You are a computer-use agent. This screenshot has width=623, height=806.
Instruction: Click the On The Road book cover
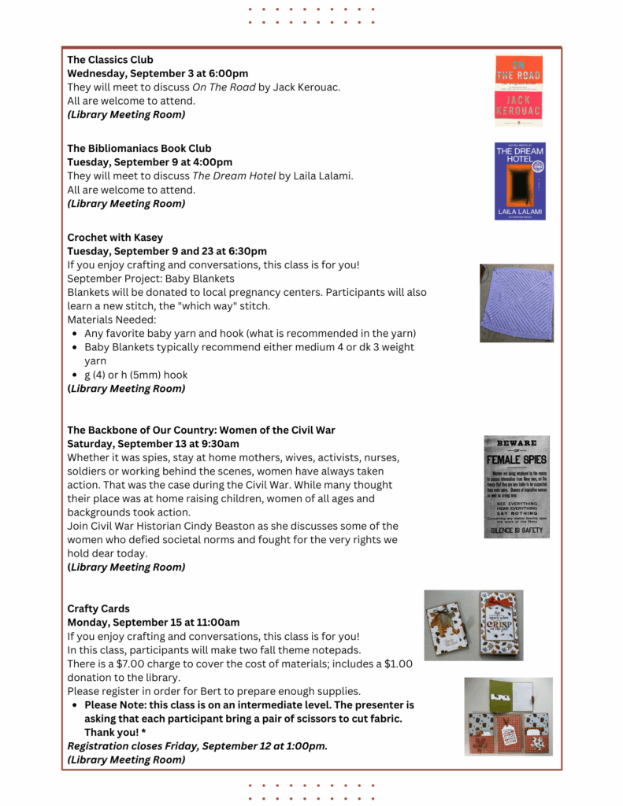(518, 90)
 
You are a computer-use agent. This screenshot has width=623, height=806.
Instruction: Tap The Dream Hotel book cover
(520, 180)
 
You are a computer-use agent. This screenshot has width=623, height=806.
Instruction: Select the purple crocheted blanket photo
(517, 303)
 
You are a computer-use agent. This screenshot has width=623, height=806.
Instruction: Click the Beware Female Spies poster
(517, 486)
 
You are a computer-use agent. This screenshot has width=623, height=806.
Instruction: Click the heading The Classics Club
(110, 60)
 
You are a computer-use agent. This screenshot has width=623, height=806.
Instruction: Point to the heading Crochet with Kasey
(115, 238)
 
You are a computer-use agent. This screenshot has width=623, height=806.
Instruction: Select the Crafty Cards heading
(98, 608)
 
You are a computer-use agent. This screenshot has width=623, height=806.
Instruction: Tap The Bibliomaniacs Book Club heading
(139, 148)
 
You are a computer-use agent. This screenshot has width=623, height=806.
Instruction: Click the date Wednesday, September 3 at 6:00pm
(158, 73)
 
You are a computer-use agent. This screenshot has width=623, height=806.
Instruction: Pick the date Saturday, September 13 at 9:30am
(153, 443)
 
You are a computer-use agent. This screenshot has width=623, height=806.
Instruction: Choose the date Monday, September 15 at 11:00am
(154, 623)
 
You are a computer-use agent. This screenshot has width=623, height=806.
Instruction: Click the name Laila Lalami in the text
(323, 176)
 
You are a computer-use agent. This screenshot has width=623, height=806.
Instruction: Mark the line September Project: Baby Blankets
(150, 279)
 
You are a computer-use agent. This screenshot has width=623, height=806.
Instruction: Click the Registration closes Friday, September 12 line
(197, 746)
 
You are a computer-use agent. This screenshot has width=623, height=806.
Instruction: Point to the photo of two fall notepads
(473, 625)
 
